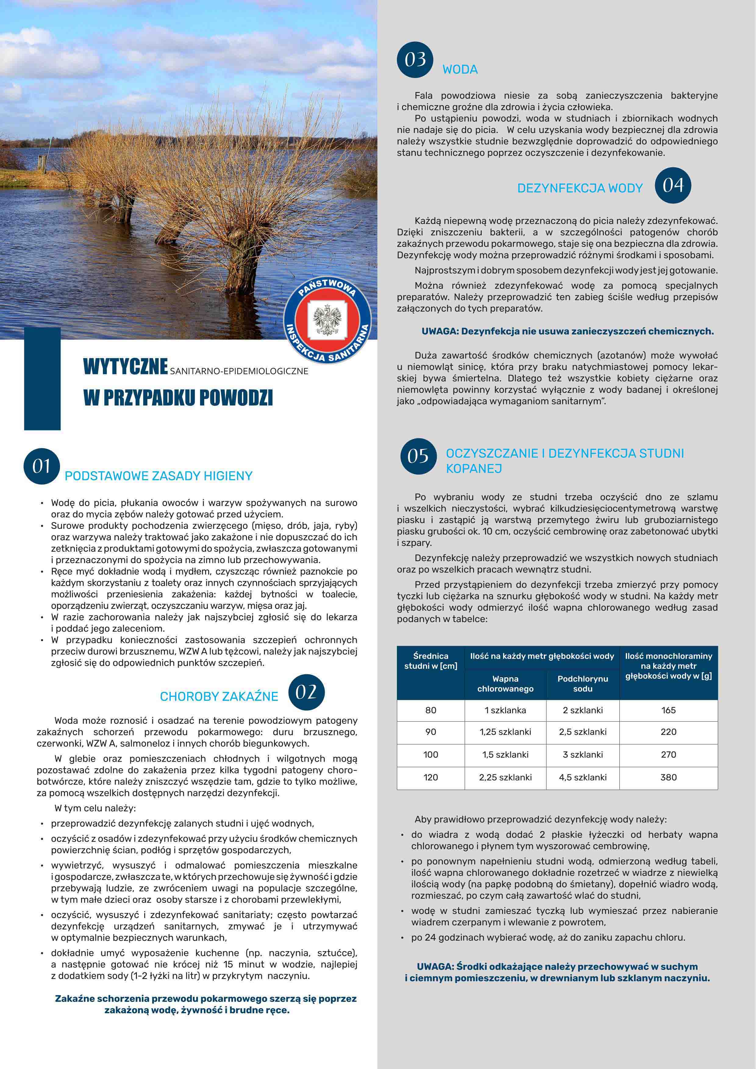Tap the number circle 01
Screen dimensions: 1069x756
click(x=41, y=466)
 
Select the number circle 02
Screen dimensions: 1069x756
click(x=306, y=692)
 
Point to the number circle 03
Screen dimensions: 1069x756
click(x=415, y=60)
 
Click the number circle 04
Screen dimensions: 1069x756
click(x=673, y=185)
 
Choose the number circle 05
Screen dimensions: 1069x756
click(x=418, y=456)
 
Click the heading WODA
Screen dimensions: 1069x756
click(x=460, y=70)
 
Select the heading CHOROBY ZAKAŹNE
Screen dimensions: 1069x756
click(x=219, y=697)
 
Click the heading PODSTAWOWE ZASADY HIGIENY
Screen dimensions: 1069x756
click(x=158, y=476)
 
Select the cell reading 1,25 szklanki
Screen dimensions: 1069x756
click(x=505, y=732)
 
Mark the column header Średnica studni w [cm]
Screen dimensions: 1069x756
click(x=431, y=661)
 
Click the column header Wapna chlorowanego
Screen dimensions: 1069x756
click(x=505, y=683)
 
